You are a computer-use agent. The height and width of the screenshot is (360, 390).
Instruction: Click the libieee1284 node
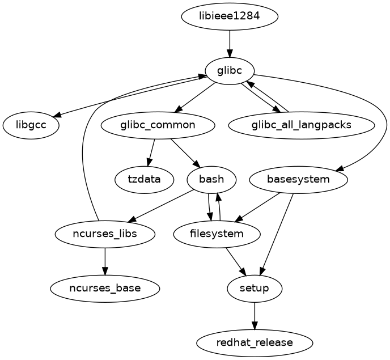(x=230, y=16)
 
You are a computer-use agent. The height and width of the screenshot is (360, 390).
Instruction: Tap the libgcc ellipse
(x=31, y=125)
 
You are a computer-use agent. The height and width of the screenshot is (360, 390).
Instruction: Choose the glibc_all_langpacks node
(x=302, y=125)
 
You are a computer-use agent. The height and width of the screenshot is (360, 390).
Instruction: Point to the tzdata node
(x=144, y=180)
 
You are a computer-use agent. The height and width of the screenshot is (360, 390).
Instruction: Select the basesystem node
(x=298, y=180)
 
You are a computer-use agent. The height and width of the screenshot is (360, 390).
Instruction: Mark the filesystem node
(x=217, y=234)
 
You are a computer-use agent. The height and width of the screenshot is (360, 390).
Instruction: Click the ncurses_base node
(x=105, y=289)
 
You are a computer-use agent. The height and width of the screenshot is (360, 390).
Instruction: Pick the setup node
(x=255, y=289)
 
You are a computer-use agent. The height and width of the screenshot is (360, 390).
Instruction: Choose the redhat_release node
(x=255, y=343)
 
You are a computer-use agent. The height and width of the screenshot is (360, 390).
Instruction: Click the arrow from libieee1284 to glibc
(x=230, y=43)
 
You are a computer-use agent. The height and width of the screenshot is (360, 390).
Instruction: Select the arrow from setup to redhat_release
(x=255, y=316)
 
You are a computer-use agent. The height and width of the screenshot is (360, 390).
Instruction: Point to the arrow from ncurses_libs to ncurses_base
(x=105, y=261)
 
